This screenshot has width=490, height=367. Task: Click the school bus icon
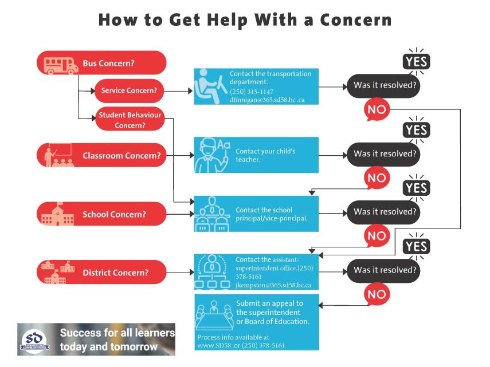[x=61, y=64]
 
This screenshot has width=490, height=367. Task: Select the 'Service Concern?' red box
[x=129, y=90]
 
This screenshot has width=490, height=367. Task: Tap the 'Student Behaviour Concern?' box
[x=129, y=120]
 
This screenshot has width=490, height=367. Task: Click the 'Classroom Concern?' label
[x=121, y=156]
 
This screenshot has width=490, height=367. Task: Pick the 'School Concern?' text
[x=114, y=214]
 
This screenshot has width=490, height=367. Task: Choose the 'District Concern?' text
[x=115, y=273]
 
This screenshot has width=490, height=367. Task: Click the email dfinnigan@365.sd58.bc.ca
[x=268, y=100]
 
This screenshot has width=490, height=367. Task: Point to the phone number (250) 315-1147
[x=252, y=92]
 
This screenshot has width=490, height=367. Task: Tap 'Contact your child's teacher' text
[x=265, y=155]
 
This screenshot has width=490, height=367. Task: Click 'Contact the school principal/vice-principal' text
[x=272, y=214]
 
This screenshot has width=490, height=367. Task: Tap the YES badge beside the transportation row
[x=416, y=62]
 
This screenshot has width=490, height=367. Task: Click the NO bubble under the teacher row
[x=377, y=178]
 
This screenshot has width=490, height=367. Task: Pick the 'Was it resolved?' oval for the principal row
[x=383, y=212]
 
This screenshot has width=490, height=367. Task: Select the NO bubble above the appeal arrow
[x=377, y=294]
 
